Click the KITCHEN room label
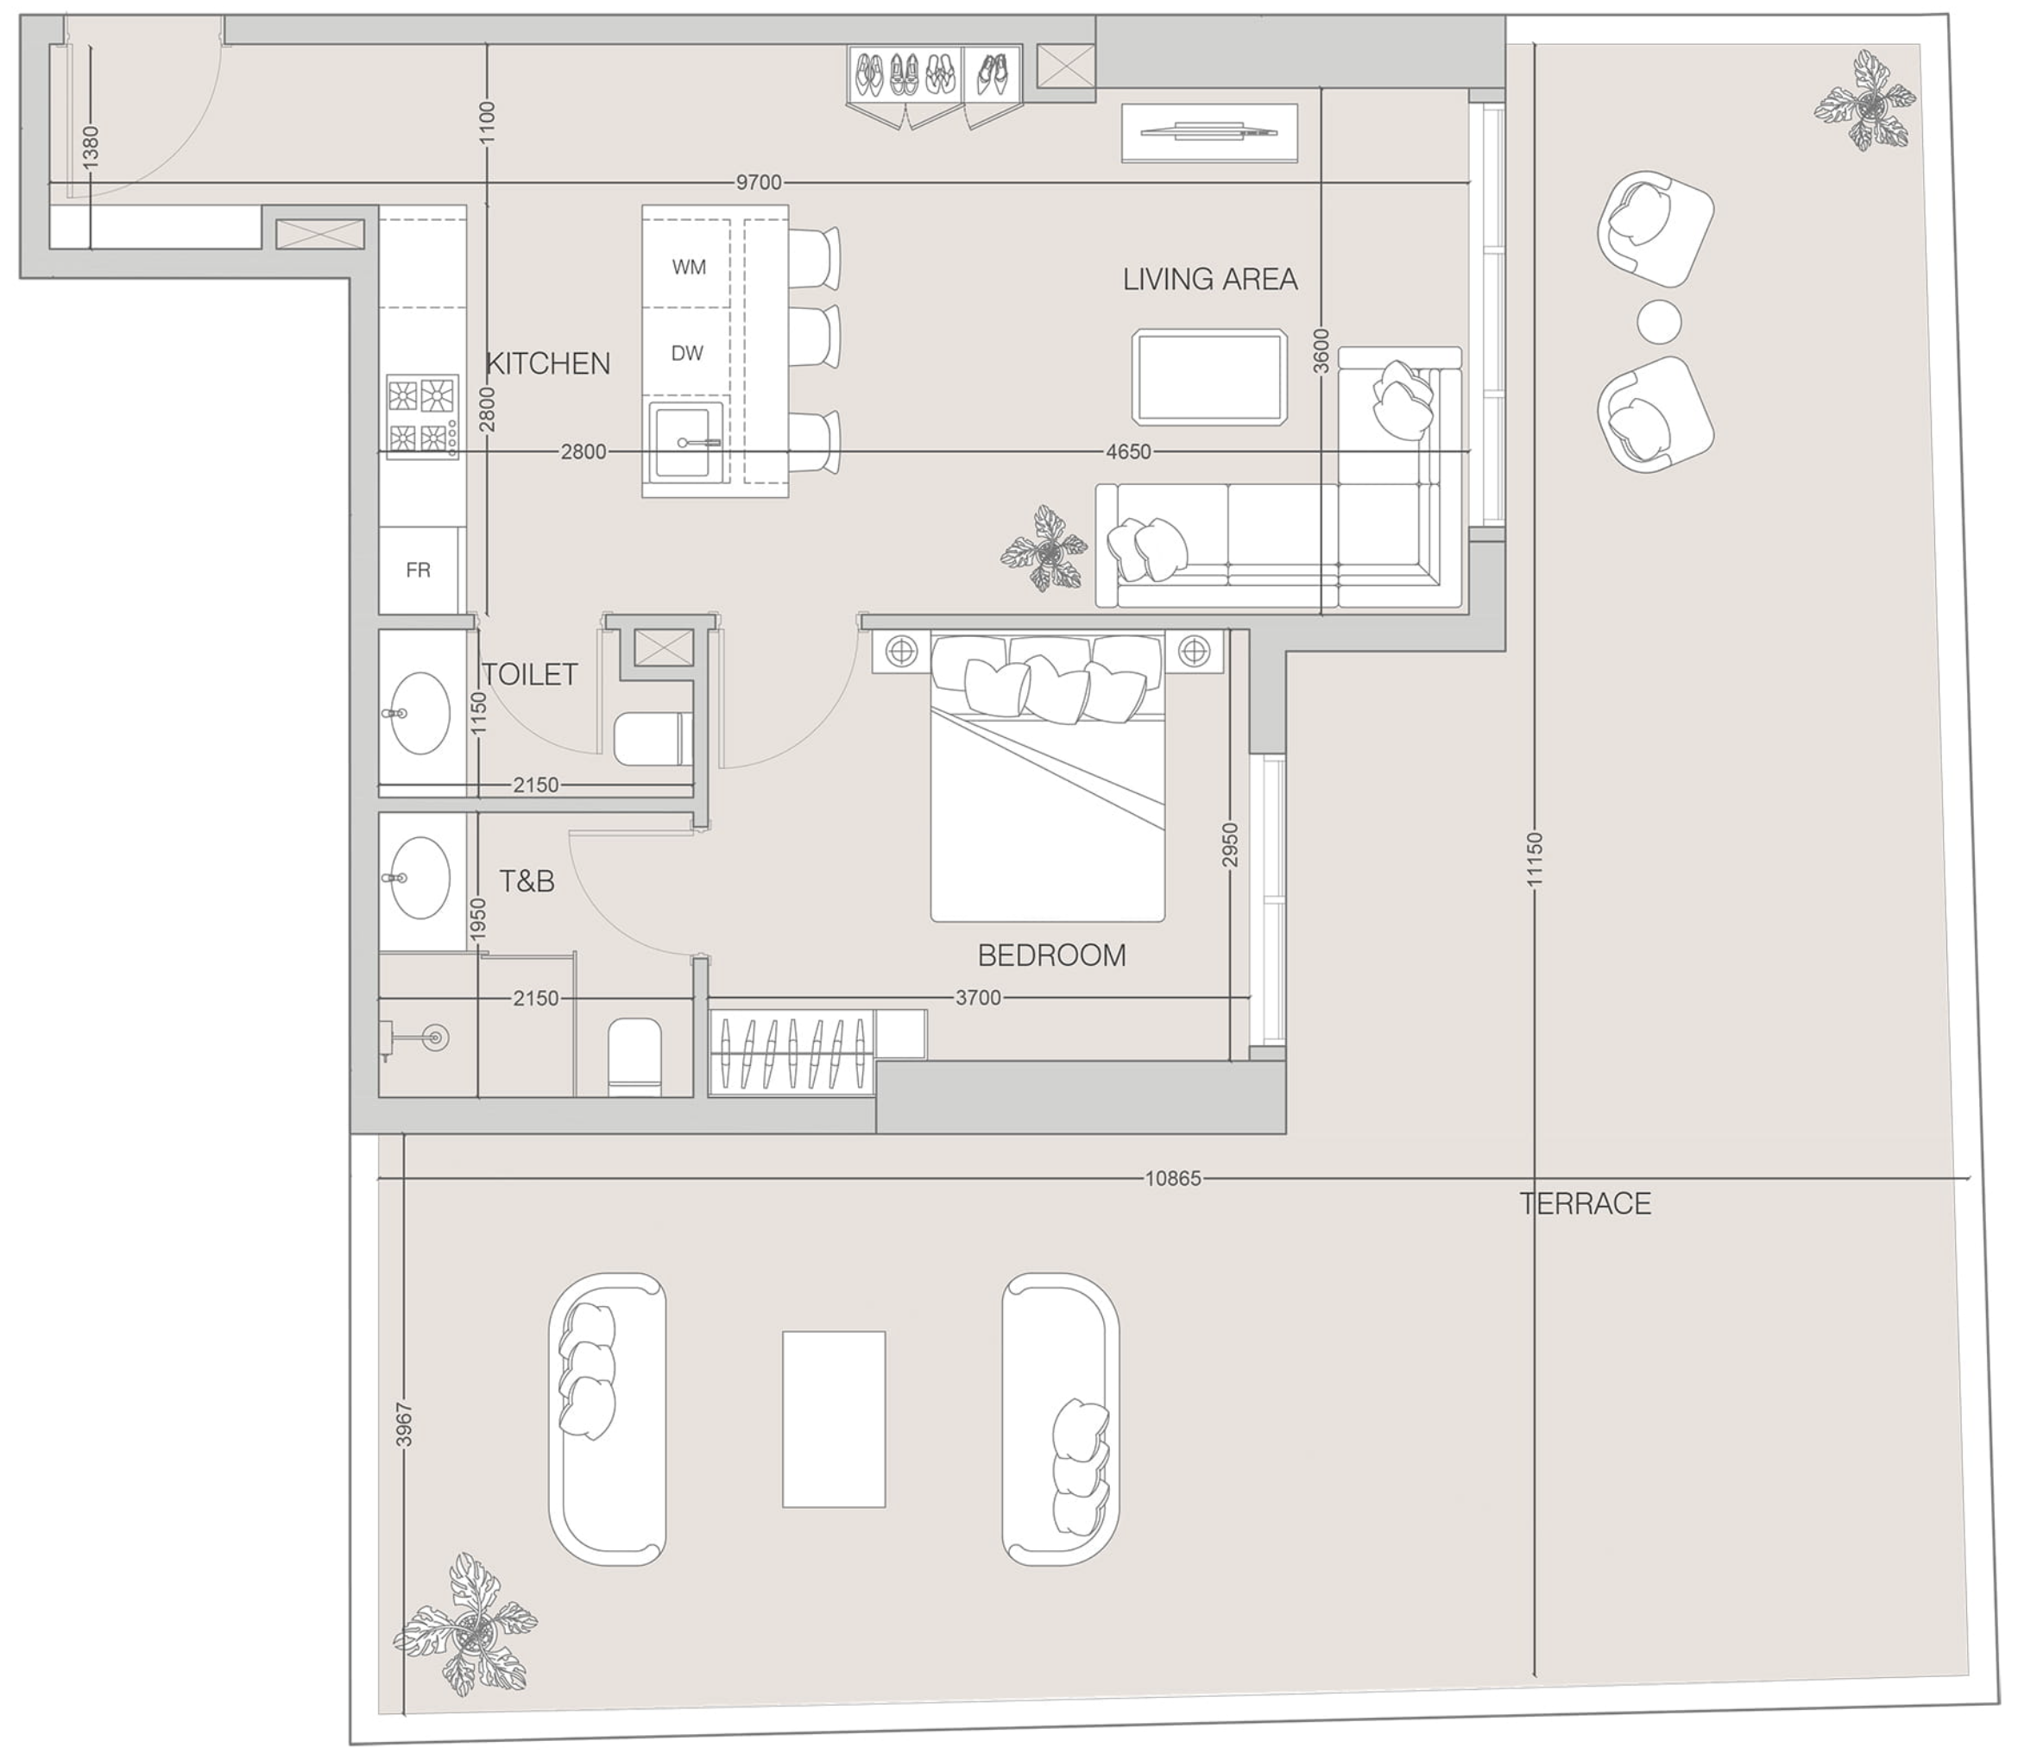tap(548, 364)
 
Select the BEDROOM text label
tap(1052, 956)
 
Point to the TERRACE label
tap(1586, 1204)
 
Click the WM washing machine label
tap(689, 268)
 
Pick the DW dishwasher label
tap(687, 353)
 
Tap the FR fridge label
tap(418, 570)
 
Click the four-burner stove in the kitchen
tap(423, 416)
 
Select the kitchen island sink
tap(688, 443)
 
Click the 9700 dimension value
tap(759, 183)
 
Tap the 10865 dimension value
tap(1172, 1179)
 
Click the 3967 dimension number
tap(404, 1424)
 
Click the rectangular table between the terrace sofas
tap(834, 1420)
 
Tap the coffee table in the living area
tap(1209, 377)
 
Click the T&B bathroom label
tap(527, 882)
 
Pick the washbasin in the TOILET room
tap(419, 713)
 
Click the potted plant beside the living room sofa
tap(1045, 549)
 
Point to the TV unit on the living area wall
tap(1209, 132)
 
